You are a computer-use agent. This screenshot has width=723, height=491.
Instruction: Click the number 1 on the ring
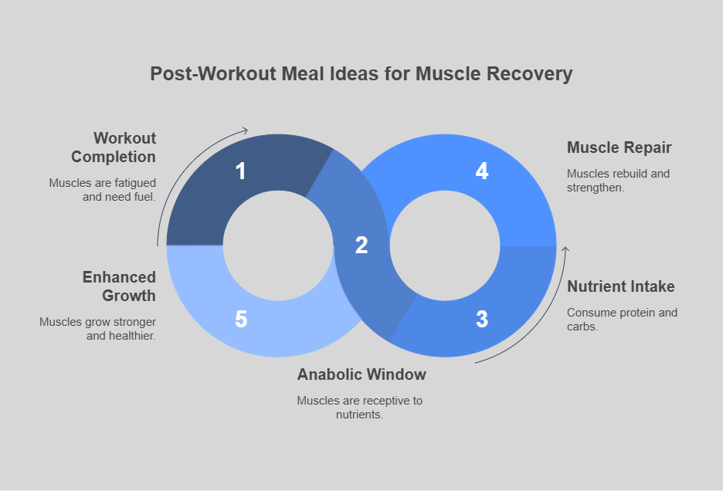pyautogui.click(x=240, y=171)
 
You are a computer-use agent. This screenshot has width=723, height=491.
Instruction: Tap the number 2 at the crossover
pyautogui.click(x=361, y=245)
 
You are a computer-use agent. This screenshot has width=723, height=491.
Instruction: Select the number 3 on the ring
pyautogui.click(x=482, y=319)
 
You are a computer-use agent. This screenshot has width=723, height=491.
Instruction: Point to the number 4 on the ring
pyautogui.click(x=482, y=171)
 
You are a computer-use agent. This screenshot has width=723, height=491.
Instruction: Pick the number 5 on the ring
pyautogui.click(x=240, y=319)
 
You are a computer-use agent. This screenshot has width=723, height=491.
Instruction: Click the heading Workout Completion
pyautogui.click(x=114, y=147)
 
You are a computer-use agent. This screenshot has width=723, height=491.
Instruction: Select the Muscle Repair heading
pyautogui.click(x=619, y=147)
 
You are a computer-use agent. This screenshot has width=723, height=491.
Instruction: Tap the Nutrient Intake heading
pyautogui.click(x=621, y=286)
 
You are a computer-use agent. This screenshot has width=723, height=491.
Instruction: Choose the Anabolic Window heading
pyautogui.click(x=361, y=374)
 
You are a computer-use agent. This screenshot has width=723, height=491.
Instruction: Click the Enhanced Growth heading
pyautogui.click(x=119, y=286)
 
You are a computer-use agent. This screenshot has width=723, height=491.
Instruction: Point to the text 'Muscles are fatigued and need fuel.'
pyautogui.click(x=103, y=189)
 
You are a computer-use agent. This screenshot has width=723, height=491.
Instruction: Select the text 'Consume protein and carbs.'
pyautogui.click(x=622, y=319)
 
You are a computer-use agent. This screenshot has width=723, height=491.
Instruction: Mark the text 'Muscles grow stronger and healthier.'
pyautogui.click(x=98, y=328)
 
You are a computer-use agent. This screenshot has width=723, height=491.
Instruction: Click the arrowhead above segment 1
pyautogui.click(x=246, y=130)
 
